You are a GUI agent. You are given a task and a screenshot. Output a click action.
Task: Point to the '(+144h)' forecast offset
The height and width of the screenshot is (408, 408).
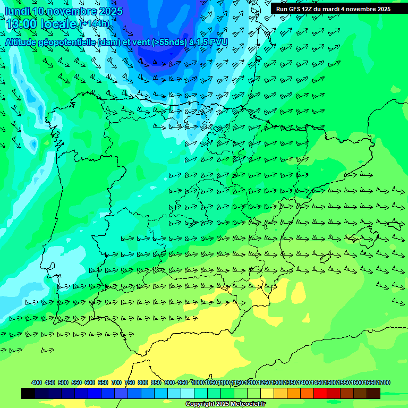[95, 23]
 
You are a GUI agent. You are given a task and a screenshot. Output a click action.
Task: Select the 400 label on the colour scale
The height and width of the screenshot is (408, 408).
[37, 382]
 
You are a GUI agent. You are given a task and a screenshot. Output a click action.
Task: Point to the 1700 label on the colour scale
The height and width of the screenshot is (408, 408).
[384, 382]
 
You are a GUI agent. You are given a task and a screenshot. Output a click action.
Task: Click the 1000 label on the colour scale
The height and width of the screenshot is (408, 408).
[198, 382]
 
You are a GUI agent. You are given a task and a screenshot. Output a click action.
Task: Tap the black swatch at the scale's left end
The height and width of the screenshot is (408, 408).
[28, 394]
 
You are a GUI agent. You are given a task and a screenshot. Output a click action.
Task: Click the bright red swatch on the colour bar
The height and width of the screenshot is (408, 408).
[320, 394]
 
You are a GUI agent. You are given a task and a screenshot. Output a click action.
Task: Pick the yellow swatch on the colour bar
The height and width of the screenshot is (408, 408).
[267, 394]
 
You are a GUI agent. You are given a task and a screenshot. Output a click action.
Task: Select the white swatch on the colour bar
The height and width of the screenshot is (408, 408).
[188, 394]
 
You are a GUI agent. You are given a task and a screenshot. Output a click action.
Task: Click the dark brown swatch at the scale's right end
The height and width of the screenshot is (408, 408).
[373, 394]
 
